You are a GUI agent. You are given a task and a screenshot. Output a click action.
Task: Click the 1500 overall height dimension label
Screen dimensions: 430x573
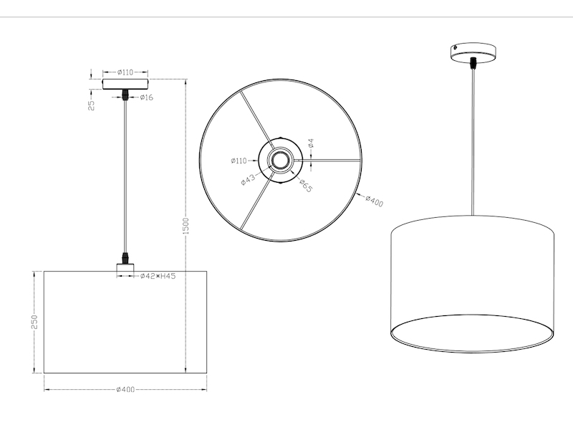point(186,226)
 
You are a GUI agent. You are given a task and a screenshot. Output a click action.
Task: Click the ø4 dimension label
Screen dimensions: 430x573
point(311,145)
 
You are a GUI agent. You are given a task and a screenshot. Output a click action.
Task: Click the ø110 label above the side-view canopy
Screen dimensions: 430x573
point(125,72)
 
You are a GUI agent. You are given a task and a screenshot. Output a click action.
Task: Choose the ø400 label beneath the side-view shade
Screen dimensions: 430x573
point(125,389)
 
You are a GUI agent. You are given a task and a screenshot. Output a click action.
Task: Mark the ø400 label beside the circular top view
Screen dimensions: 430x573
point(373,201)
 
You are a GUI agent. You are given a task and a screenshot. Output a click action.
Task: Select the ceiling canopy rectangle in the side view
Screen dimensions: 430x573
point(125,84)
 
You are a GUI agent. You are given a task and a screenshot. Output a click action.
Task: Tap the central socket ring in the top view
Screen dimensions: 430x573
point(279,159)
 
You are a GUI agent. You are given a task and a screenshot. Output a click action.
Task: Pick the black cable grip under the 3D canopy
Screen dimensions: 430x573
point(472,64)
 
